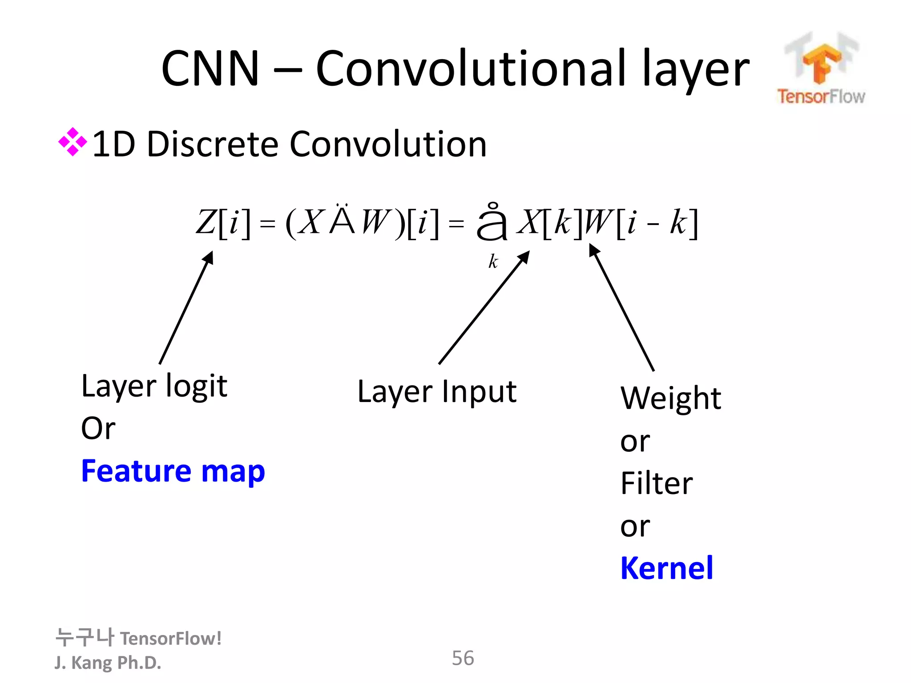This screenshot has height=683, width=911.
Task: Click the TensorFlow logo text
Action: (821, 96)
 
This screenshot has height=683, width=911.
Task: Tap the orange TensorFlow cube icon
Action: (821, 62)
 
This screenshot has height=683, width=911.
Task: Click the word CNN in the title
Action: (210, 69)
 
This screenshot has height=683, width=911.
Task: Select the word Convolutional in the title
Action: (472, 69)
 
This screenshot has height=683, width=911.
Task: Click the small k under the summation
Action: (493, 261)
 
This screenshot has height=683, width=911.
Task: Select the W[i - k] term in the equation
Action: (641, 222)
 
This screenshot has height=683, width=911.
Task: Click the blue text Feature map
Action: (173, 471)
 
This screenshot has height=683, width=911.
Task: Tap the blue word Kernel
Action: (666, 568)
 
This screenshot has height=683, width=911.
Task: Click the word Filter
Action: (656, 483)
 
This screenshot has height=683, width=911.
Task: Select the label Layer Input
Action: (436, 392)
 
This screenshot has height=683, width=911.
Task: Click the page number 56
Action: (463, 658)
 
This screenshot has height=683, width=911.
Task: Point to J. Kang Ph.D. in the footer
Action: (108, 663)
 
